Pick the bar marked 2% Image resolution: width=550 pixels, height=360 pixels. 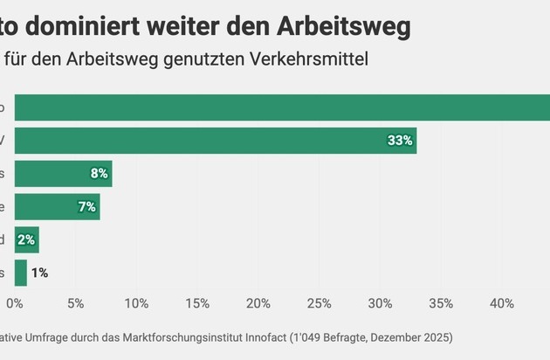tap(26, 239)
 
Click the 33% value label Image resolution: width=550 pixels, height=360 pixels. tap(401, 141)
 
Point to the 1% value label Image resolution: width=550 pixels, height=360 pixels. tap(39, 273)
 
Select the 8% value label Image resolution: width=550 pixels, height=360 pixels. tap(99, 174)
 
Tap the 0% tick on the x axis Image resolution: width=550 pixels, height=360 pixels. tap(15, 304)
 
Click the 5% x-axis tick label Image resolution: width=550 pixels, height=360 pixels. tap(75, 304)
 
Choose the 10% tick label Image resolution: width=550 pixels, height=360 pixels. tap(136, 304)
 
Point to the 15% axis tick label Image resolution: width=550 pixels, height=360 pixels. tap(197, 304)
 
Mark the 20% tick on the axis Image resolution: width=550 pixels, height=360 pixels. tap(258, 304)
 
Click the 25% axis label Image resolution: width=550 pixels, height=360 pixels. tap(319, 304)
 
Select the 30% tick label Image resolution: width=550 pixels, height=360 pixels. tap(380, 304)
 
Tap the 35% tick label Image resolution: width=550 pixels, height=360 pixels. tap(441, 304)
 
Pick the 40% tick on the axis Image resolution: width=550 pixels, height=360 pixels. tap(501, 304)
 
